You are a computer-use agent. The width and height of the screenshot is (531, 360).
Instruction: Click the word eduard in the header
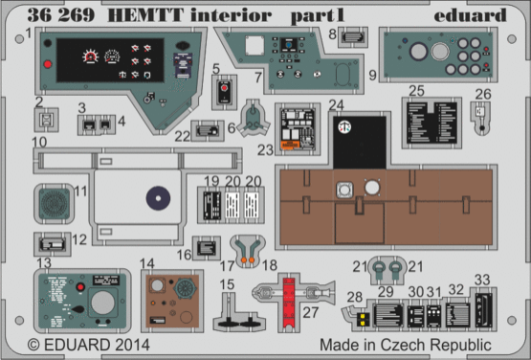pyautogui.click(x=470, y=15)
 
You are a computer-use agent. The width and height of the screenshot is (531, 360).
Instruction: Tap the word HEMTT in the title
pyautogui.click(x=121, y=15)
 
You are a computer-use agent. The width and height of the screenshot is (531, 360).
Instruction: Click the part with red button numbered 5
pyautogui.click(x=224, y=94)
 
